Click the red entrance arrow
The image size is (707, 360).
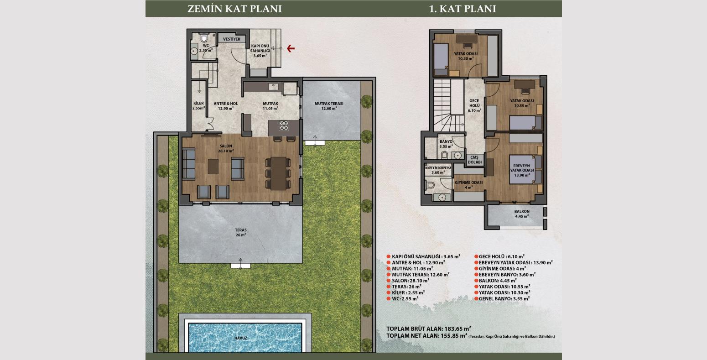[x=291, y=48]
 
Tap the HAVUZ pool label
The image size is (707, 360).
[x=240, y=338]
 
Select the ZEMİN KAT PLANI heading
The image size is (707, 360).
[x=234, y=9]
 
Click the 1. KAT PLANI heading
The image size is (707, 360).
[x=463, y=9]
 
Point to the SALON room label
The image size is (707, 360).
[x=225, y=148]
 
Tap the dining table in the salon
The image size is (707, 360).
[x=278, y=173]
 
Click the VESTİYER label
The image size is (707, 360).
[x=232, y=40]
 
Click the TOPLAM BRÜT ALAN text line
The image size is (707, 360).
[x=428, y=329]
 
